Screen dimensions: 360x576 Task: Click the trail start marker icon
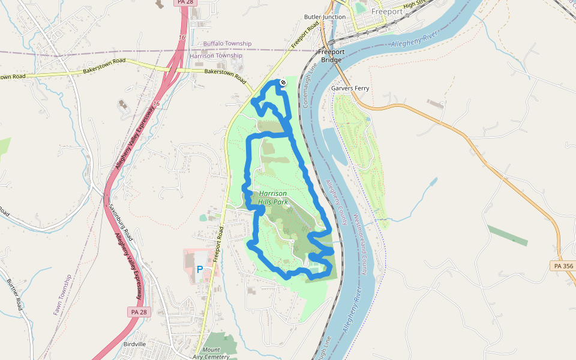click(x=283, y=82)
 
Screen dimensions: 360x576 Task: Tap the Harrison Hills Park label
click(x=273, y=198)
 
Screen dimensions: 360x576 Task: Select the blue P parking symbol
click(x=199, y=270)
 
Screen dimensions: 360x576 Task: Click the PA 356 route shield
click(x=562, y=266)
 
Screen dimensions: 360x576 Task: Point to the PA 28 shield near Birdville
click(x=138, y=312)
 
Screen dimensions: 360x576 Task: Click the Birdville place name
click(x=134, y=344)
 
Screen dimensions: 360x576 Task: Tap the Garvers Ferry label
click(x=350, y=88)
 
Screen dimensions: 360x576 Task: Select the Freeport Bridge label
click(x=331, y=56)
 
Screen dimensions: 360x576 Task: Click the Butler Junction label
click(x=325, y=17)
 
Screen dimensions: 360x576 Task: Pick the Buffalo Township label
click(x=227, y=44)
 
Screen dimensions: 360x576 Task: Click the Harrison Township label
click(x=216, y=56)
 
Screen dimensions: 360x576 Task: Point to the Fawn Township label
click(x=58, y=295)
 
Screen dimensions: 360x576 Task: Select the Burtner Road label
click(x=14, y=294)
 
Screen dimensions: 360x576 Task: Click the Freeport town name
click(x=387, y=11)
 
